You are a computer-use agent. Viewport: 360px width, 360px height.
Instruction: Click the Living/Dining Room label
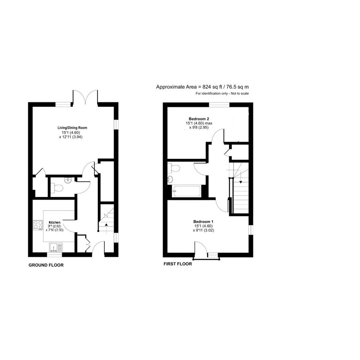click(x=72, y=128)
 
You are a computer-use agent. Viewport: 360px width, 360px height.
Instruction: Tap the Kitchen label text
click(x=54, y=222)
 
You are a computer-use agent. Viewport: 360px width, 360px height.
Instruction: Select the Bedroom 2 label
click(x=199, y=119)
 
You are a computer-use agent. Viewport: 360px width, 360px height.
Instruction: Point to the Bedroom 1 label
click(x=203, y=222)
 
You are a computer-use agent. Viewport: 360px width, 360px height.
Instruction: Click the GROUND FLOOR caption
click(x=46, y=265)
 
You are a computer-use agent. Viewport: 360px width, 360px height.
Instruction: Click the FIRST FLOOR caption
click(x=178, y=264)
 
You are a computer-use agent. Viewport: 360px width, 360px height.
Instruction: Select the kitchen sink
click(x=56, y=247)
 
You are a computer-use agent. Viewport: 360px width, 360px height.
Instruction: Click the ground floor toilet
click(x=56, y=188)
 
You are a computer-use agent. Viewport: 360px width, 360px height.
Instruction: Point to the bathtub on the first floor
click(x=187, y=191)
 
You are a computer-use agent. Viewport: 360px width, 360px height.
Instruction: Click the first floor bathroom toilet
click(x=174, y=168)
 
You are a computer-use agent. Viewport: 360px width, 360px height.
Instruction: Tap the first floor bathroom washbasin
click(x=170, y=179)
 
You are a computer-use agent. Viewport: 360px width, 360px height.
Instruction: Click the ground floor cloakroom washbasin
click(x=68, y=181)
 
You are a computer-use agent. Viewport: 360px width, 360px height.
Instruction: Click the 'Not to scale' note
click(x=240, y=93)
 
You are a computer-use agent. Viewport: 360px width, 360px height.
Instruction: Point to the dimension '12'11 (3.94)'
click(x=71, y=137)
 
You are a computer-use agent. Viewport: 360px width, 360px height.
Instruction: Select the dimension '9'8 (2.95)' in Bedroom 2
click(x=199, y=127)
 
